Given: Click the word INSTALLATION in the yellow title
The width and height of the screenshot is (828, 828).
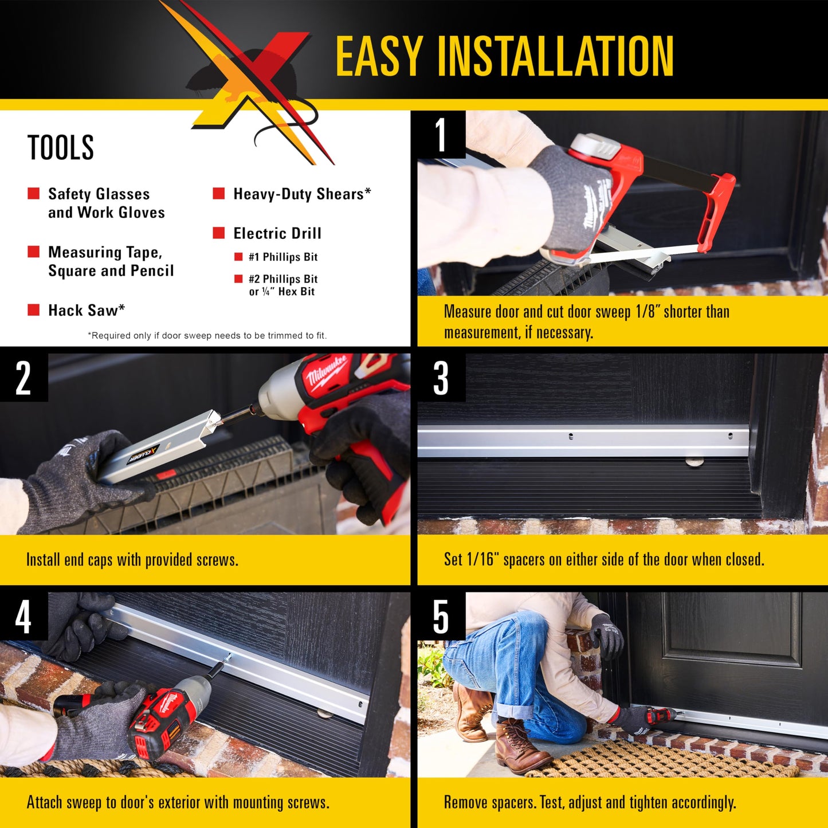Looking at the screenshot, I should (555, 56).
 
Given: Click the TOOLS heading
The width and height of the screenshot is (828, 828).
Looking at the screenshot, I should (61, 148).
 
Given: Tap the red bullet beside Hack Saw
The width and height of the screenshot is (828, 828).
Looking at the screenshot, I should (34, 310).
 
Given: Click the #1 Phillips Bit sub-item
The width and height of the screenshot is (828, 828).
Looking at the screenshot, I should (282, 257).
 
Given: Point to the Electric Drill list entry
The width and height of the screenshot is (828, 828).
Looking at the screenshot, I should (277, 233).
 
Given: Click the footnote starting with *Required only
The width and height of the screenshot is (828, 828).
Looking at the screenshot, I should (207, 336).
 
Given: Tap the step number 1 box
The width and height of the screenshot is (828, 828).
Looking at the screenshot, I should (441, 135).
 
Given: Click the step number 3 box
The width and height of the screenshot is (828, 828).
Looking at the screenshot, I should (441, 378).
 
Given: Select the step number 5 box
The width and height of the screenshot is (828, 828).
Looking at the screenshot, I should (441, 617).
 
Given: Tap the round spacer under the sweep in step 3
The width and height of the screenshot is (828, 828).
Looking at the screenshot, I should (694, 460).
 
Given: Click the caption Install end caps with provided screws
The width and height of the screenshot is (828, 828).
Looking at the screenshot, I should (132, 560).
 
